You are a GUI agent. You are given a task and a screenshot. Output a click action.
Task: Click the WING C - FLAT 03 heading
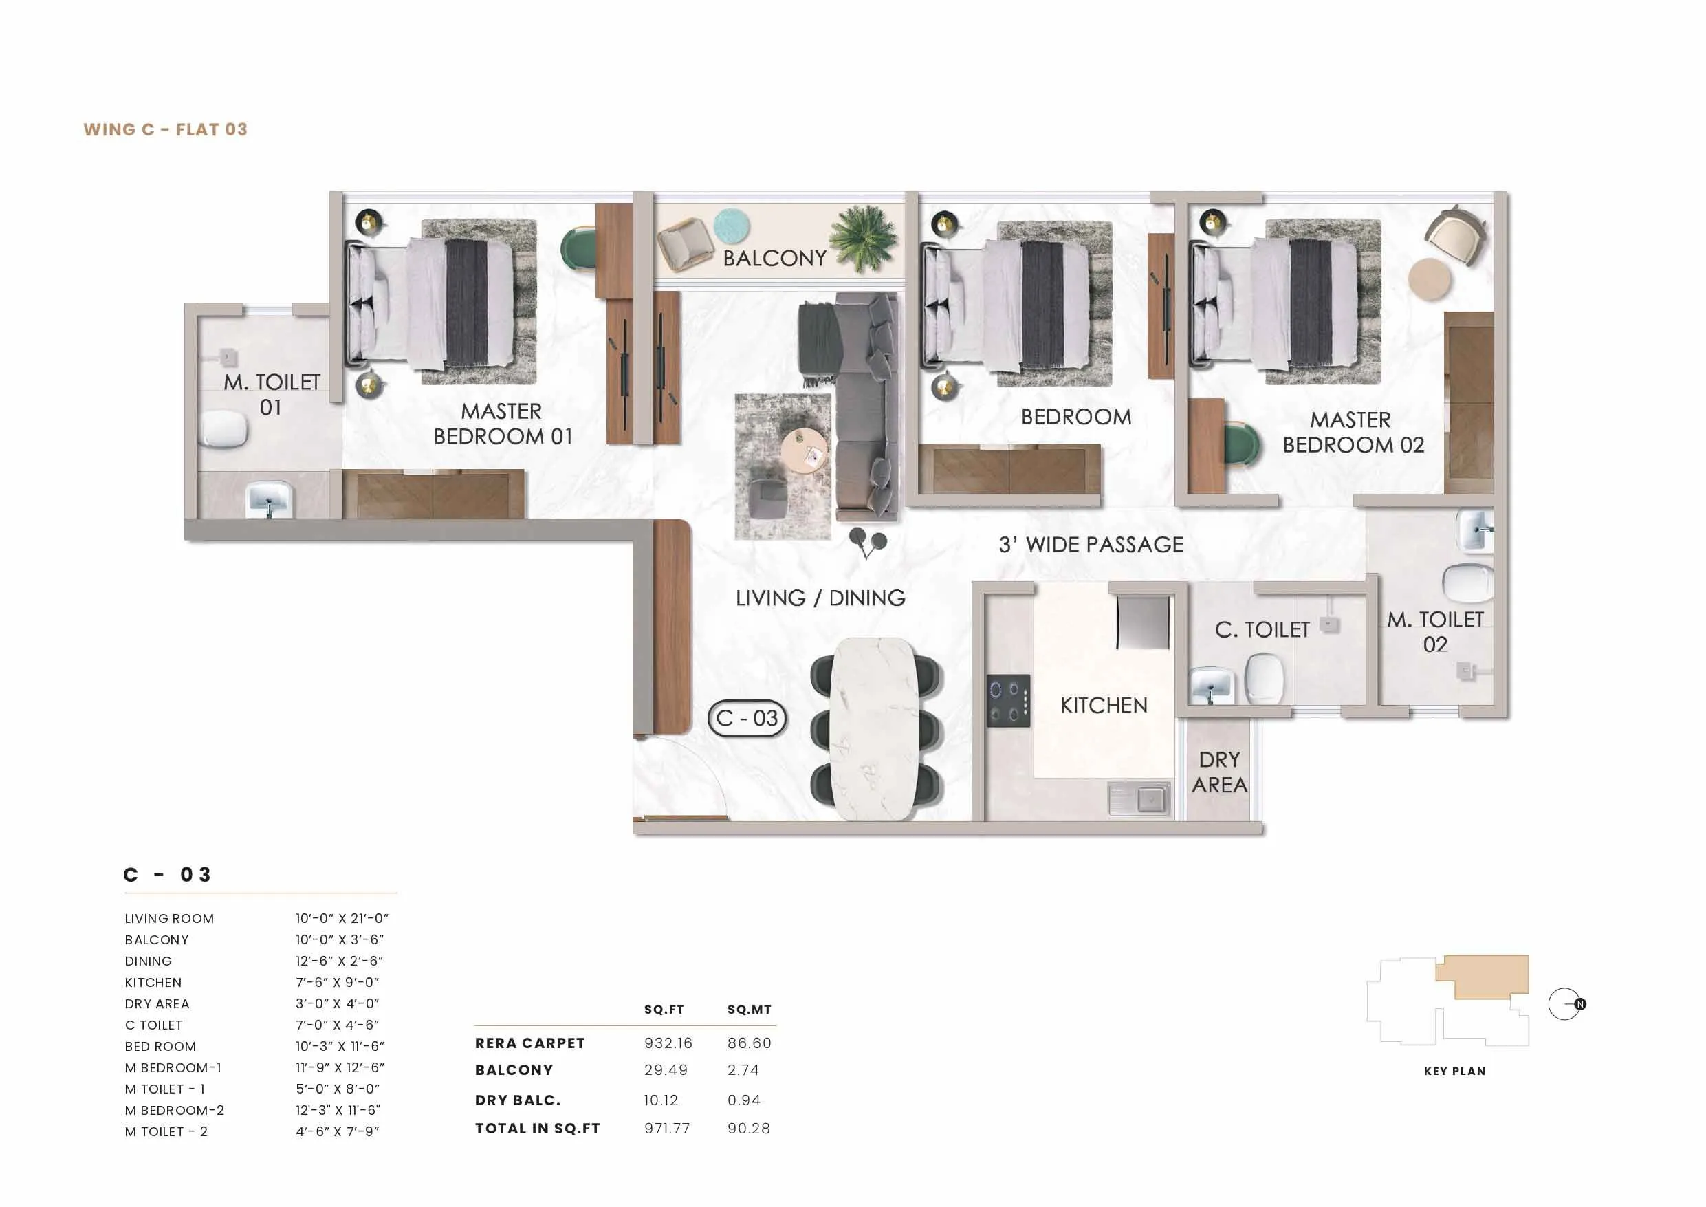tap(165, 129)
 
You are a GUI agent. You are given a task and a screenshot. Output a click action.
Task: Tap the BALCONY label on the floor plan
tap(774, 258)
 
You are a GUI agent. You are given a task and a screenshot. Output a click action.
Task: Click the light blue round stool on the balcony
tap(731, 225)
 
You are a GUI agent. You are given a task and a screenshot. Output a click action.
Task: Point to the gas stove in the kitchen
tap(1008, 700)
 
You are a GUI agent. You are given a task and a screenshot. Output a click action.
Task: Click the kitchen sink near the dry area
tap(1139, 799)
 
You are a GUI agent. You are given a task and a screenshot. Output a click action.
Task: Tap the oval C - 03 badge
tap(747, 718)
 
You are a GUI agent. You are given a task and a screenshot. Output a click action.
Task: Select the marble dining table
tap(874, 728)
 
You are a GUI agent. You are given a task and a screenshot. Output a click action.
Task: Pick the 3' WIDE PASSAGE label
tap(1091, 545)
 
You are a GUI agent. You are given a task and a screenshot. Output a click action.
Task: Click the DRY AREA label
tap(1219, 772)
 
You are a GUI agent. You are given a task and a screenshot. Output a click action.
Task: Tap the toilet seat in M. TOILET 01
tap(223, 429)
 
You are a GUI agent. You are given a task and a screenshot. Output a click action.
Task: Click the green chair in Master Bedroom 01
tap(578, 251)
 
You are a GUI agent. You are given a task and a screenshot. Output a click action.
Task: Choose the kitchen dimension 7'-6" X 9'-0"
tap(338, 983)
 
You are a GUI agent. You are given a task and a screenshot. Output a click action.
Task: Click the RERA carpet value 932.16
tap(668, 1043)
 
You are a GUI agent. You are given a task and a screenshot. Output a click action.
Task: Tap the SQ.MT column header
tap(749, 1010)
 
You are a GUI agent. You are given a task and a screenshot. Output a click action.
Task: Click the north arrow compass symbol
tap(1566, 1004)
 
